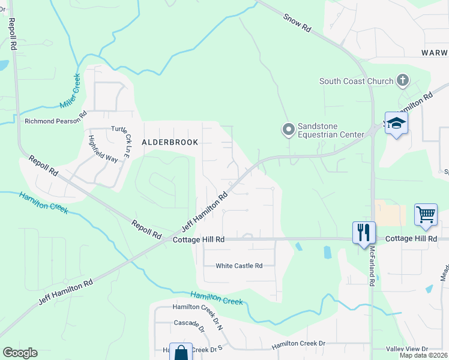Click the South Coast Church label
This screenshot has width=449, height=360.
tap(356, 81)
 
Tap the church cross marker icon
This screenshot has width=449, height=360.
tap(403, 80)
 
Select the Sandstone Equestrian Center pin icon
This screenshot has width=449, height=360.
tap(288, 129)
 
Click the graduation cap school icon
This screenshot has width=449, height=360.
tap(396, 124)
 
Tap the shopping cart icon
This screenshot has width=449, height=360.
tap(426, 214)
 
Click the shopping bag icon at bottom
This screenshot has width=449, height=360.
tap(181, 353)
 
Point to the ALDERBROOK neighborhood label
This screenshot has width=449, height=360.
tap(169, 142)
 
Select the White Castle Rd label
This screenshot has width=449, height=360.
tap(239, 266)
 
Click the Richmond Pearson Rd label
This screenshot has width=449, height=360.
tap(56, 121)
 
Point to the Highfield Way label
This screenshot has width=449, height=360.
tap(103, 149)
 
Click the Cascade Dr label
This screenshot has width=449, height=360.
tap(189, 323)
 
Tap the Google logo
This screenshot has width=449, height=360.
tap(20, 353)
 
